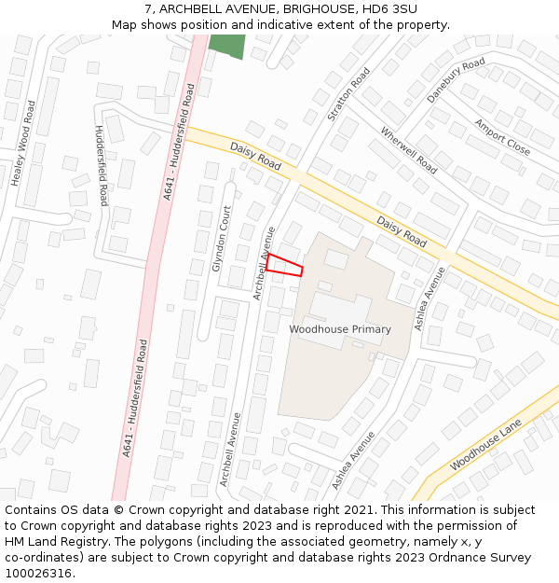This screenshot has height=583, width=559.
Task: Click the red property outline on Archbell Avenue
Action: pos(284,265)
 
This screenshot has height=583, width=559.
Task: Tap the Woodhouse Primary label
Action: pos(339,329)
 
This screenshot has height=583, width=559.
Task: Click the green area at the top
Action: pos(227,45)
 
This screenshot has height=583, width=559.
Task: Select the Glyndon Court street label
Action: pos(221,239)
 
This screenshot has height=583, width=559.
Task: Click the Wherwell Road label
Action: pos(409,150)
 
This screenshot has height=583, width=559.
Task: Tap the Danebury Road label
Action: pos(457,79)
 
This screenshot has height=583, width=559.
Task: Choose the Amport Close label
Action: pos(502,137)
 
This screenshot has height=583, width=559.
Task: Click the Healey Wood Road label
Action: pos(25,143)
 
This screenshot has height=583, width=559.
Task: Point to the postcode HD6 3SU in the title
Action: pos(390,9)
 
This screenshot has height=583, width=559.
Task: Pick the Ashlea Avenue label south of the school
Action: pos(354,460)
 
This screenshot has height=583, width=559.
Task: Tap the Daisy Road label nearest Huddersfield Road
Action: pos(255,156)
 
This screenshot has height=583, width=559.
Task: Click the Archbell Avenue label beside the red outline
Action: pos(265,263)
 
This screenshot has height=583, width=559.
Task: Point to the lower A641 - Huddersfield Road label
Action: pos(133,397)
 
